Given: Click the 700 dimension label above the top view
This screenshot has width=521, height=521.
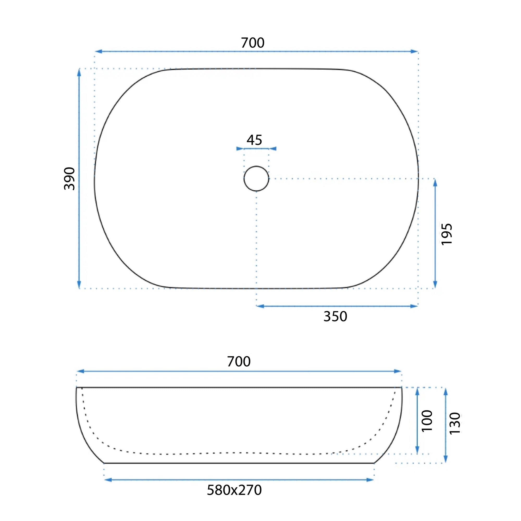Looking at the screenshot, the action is point(252,43).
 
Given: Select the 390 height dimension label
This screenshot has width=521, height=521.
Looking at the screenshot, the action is point(69,178).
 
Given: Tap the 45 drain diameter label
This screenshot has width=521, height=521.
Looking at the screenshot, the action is point(254,140).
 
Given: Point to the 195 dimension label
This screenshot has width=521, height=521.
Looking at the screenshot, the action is point(446,234).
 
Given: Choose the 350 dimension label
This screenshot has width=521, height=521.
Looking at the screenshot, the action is point(335,317).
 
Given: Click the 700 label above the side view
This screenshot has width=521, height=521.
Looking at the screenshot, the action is point(239,362).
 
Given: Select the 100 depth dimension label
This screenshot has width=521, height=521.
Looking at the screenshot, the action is point(427,421).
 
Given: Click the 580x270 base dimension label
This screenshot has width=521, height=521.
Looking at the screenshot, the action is point(234,490).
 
